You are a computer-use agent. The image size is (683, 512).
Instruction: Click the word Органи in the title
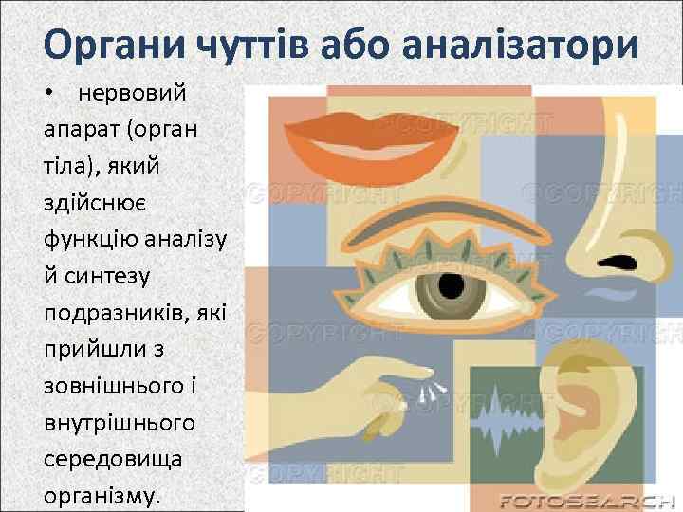click(113, 46)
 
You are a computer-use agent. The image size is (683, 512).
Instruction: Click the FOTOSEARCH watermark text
click(585, 500)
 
